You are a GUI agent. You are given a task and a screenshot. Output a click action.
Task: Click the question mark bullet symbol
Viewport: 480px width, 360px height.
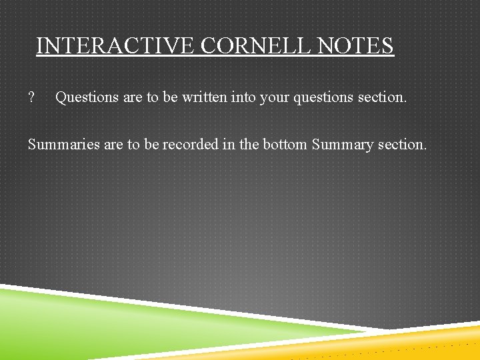pyautogui.click(x=31, y=97)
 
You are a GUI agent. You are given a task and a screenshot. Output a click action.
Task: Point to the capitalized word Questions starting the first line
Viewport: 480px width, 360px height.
pyautogui.click(x=86, y=97)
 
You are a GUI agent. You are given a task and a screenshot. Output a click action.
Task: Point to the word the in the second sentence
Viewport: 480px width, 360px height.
pyautogui.click(x=250, y=144)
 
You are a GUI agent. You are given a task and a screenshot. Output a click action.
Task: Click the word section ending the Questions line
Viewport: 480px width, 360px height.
pyautogui.click(x=382, y=97)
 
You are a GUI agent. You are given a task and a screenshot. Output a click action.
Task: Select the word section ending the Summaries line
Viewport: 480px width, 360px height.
pyautogui.click(x=402, y=144)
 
